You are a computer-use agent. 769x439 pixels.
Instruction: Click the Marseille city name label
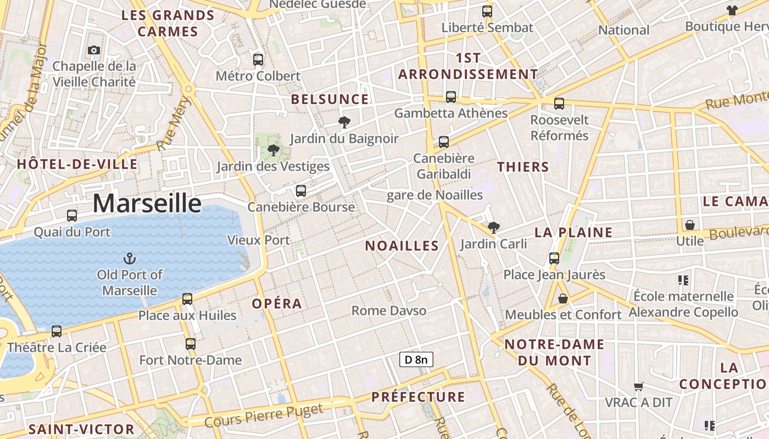[147, 203]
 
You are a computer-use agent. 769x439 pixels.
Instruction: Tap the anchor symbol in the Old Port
[130, 258]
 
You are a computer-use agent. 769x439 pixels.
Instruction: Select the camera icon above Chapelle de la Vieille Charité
[94, 50]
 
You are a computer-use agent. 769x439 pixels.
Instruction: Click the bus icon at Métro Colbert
[258, 60]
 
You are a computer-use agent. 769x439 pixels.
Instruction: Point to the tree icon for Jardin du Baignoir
[344, 122]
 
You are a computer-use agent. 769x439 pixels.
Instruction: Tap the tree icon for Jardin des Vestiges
[273, 150]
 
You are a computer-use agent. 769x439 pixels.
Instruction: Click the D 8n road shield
[416, 360]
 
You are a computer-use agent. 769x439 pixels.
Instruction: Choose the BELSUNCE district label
[330, 99]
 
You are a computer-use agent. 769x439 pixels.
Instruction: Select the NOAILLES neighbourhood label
[402, 246]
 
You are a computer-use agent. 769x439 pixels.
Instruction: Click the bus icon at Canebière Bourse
[301, 191]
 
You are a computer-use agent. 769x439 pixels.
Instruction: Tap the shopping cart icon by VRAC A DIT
[638, 387]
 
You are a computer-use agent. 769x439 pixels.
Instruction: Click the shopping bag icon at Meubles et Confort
[563, 299]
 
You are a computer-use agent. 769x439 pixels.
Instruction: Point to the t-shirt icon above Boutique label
[732, 10]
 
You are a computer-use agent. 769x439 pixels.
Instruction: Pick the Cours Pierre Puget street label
[264, 415]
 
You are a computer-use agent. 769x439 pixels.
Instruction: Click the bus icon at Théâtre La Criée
[57, 331]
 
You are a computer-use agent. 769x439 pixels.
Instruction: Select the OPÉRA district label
[277, 303]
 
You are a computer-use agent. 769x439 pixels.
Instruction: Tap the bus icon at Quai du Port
[72, 216]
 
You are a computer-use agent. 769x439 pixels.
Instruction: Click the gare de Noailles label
[434, 195]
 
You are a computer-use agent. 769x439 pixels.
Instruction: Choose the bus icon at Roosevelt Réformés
[559, 103]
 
